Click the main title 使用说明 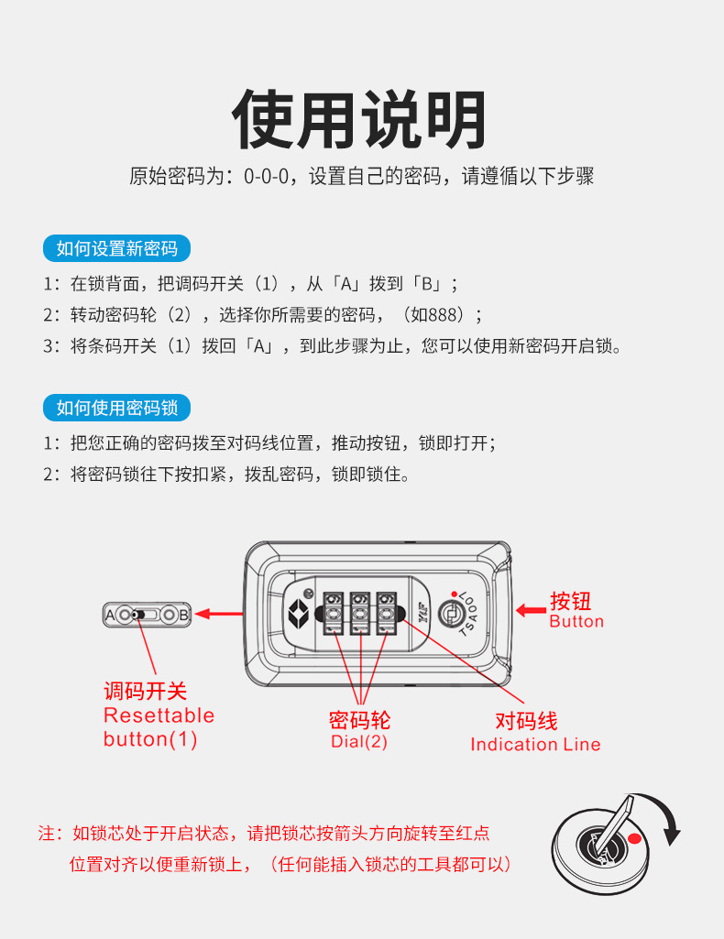tap(359, 119)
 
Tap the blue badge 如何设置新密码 tap(116, 248)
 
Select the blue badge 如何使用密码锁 tap(116, 408)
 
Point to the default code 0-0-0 tap(266, 177)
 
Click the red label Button tap(576, 622)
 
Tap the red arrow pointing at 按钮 tap(531, 611)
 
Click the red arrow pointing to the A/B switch tap(219, 614)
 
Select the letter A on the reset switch tap(110, 615)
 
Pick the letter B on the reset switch tap(184, 615)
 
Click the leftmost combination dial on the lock tap(334, 613)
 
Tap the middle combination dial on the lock tap(360, 613)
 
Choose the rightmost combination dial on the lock tap(386, 613)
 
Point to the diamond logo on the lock tap(298, 613)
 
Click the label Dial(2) tap(359, 741)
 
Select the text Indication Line tap(535, 745)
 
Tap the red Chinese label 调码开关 tap(146, 691)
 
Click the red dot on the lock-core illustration tap(635, 838)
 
